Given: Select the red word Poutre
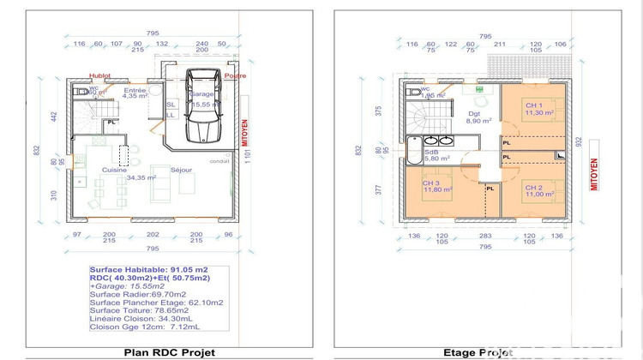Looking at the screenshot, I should click(x=236, y=75).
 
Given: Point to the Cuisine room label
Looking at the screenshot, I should click(x=115, y=170).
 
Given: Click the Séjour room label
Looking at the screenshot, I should click(x=181, y=170).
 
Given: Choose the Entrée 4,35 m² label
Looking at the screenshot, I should click(x=135, y=93).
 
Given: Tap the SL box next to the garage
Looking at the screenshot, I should click(x=171, y=104).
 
